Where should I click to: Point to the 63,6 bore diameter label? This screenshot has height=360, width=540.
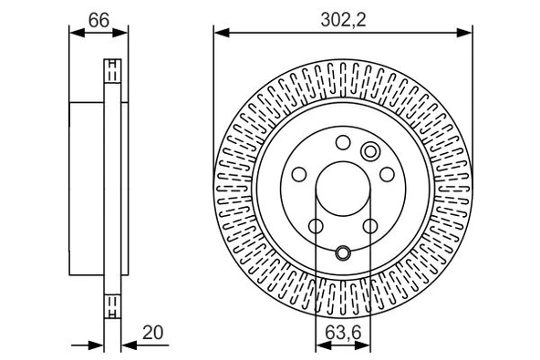[343, 334]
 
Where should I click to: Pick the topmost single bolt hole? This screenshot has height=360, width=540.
[343, 142]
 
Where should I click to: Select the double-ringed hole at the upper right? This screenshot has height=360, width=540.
[370, 151]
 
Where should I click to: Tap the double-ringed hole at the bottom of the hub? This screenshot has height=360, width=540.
[343, 253]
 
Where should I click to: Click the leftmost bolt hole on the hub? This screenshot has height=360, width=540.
[299, 174]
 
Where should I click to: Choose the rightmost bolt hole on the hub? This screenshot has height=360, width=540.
[387, 174]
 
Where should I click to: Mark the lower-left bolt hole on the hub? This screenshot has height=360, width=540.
[316, 226]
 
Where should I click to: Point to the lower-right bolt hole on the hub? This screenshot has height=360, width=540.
[370, 226]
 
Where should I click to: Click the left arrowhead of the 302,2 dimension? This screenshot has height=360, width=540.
[219, 34]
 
